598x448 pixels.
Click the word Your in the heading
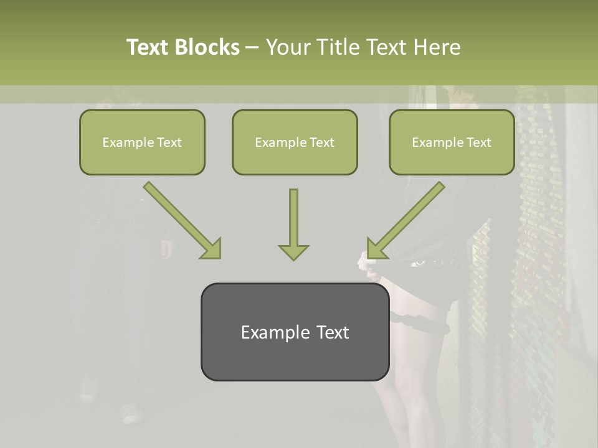(287, 47)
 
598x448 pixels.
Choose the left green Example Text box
(142, 142)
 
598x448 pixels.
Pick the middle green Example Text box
(295, 142)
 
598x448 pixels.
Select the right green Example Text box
(452, 142)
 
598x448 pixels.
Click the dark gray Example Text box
(295, 332)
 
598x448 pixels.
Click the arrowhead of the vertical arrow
(293, 251)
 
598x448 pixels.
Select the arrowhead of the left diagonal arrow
(212, 249)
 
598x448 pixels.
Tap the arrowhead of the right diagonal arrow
(376, 249)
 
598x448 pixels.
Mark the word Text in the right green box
(478, 142)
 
